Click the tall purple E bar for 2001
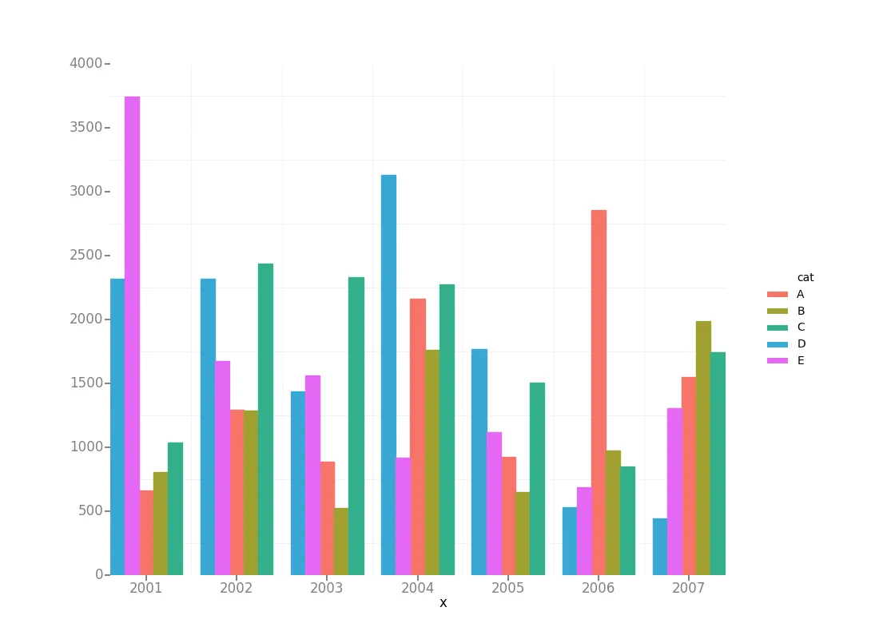132,335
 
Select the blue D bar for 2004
388,375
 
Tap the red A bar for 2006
599,392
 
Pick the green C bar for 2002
265,419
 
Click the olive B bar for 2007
703,448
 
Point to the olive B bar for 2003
341,542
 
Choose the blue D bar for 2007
660,546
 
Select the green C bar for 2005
537,478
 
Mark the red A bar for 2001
146,533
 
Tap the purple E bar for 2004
403,516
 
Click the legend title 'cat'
805,277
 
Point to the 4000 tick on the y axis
87,63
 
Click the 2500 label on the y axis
87,255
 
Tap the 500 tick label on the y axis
90,510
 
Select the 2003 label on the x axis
327,588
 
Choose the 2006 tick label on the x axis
599,588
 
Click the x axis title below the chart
443,603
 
